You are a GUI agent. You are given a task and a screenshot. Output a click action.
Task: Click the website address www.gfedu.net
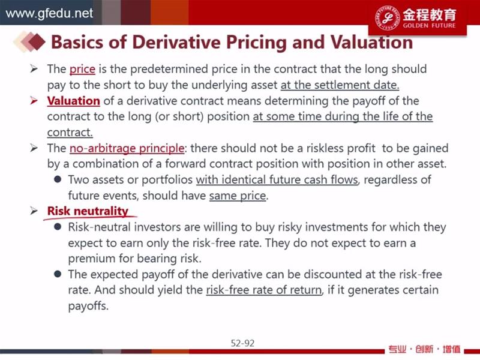click(49, 13)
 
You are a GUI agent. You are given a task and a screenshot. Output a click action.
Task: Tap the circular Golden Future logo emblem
click(387, 17)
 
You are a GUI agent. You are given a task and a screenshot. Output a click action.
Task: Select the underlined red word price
click(82, 69)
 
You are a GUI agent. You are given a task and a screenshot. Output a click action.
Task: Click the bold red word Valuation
click(73, 101)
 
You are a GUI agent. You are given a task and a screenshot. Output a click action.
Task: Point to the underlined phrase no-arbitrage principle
click(127, 148)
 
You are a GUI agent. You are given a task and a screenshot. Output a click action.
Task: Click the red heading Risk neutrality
click(88, 211)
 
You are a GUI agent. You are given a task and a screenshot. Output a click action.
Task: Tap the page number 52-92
click(242, 343)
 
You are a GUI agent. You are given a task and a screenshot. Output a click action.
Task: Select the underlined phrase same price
click(238, 196)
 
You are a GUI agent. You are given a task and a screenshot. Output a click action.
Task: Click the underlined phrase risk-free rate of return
click(264, 290)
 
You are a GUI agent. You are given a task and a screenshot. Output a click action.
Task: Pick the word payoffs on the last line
click(88, 306)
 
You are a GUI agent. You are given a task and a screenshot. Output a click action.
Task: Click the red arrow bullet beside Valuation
click(34, 100)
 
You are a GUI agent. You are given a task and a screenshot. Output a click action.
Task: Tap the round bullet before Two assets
click(58, 179)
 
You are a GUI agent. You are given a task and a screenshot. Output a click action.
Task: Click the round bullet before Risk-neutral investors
click(58, 227)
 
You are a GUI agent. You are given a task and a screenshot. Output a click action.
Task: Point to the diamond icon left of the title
click(29, 41)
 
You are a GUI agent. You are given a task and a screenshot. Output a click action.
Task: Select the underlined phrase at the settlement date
click(340, 85)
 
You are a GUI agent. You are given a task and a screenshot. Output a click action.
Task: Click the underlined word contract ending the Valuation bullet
click(70, 132)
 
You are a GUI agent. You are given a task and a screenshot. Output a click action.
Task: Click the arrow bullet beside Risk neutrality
click(34, 211)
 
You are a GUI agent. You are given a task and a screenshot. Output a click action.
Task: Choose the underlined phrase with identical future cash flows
click(277, 179)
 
